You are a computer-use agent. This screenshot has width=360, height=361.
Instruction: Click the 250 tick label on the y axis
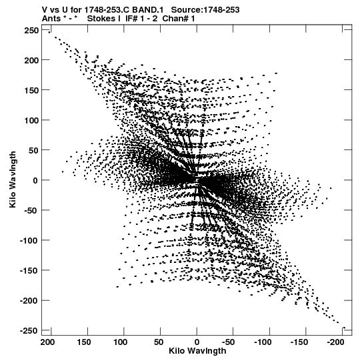pos(31,30)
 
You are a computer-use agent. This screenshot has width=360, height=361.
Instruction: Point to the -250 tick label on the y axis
pos(29,330)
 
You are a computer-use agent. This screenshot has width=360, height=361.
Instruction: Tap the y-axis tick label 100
pos(31,120)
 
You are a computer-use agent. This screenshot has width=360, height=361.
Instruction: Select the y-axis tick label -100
pos(29,240)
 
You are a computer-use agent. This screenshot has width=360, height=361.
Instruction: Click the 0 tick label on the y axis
pos(35,180)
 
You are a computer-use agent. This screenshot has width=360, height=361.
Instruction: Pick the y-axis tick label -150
pos(29,270)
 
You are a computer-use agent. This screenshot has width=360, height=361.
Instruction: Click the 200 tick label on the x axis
pos(47,342)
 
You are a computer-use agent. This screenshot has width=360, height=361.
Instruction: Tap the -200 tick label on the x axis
pos(335,342)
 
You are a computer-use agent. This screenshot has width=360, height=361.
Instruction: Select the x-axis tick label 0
pos(197,342)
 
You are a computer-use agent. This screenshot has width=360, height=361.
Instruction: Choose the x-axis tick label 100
pos(120,342)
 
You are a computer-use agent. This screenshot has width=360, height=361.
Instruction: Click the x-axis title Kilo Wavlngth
pos(197,351)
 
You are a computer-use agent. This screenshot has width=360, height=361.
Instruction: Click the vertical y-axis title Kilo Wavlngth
pos(13,179)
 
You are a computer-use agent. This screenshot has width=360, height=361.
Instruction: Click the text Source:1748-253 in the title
pos(205,10)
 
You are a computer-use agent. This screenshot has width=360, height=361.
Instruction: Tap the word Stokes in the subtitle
pos(101,19)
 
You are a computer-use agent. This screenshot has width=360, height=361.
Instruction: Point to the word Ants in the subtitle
pos(51,19)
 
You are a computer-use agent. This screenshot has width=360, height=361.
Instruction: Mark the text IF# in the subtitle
pos(131,19)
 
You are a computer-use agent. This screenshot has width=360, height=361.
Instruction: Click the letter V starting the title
pos(45,10)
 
